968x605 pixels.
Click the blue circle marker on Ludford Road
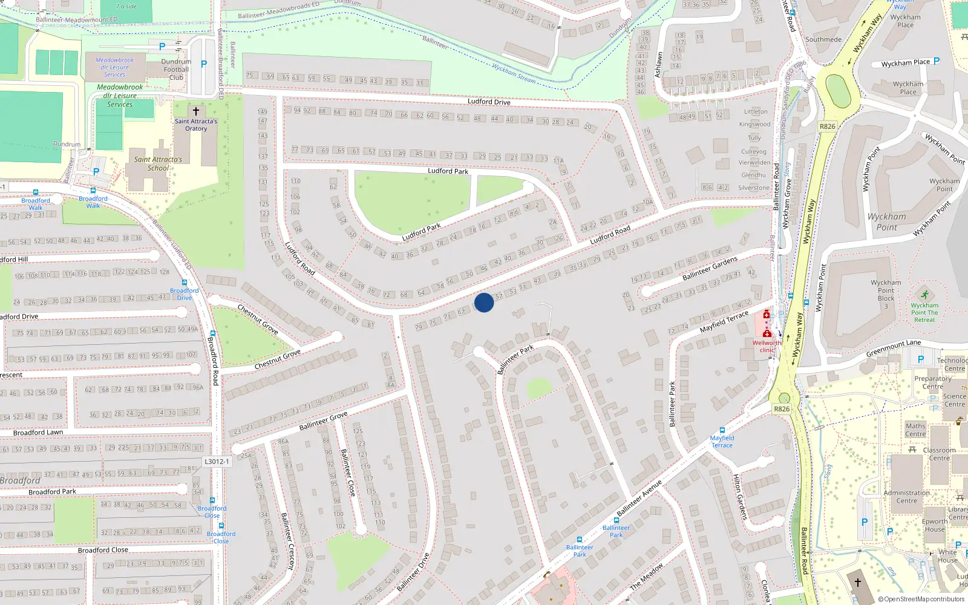[x=484, y=302]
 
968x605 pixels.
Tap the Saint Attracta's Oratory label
[x=196, y=125]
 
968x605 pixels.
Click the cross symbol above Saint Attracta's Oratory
[x=196, y=111]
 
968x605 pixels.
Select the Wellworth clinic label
[x=767, y=346]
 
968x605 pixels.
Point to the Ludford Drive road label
[x=489, y=102]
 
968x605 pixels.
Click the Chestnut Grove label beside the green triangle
[x=277, y=359]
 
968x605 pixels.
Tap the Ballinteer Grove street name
[x=323, y=420]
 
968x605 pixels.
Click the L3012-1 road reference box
[x=217, y=461]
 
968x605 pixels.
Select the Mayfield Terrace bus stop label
[x=722, y=442]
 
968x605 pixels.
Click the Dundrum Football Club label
[x=176, y=70]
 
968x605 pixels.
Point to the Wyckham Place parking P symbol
[x=937, y=61]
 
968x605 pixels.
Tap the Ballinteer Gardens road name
[x=710, y=268]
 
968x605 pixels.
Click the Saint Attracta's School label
[x=158, y=164]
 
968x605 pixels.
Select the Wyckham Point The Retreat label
[x=924, y=312]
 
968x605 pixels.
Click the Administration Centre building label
[x=906, y=497]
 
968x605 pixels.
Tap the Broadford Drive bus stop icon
[x=185, y=283]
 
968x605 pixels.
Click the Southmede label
[x=823, y=40]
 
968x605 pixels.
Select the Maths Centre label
[x=915, y=430]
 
